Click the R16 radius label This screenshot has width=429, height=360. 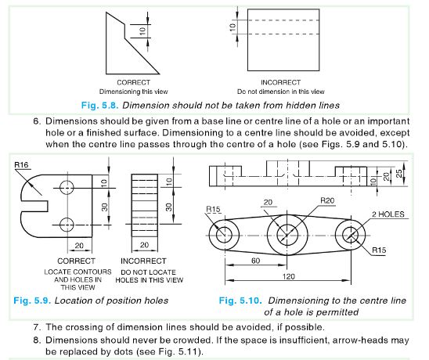(x=23, y=165)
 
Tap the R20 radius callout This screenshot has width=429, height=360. (x=328, y=201)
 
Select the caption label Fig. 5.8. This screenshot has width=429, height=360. (x=105, y=103)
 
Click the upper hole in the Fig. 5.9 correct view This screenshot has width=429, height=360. (x=67, y=187)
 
